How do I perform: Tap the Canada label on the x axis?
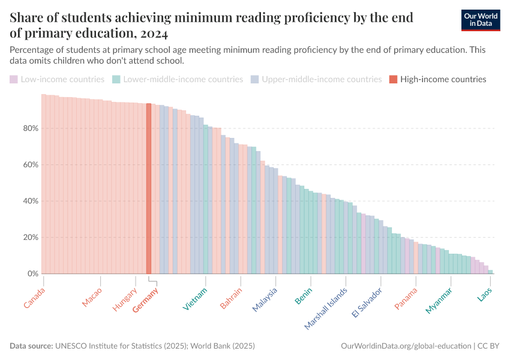pyautogui.click(x=35, y=298)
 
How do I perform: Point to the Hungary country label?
pyautogui.click(x=125, y=299)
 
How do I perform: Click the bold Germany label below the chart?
pyautogui.click(x=145, y=300)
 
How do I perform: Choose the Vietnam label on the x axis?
pyautogui.click(x=196, y=299)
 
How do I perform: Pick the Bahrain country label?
pyautogui.click(x=231, y=298)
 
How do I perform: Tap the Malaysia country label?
pyautogui.click(x=265, y=299)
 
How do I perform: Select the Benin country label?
pyautogui.click(x=303, y=296)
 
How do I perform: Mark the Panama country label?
pyautogui.click(x=406, y=299)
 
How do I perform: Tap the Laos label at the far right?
pyautogui.click(x=485, y=295)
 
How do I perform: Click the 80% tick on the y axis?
pyautogui.click(x=31, y=128)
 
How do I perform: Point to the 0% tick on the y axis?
pyautogui.click(x=33, y=274)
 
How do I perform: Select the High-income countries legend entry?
pyautogui.click(x=437, y=79)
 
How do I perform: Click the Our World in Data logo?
pyautogui.click(x=481, y=20)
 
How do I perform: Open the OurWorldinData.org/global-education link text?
pyautogui.click(x=406, y=346)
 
